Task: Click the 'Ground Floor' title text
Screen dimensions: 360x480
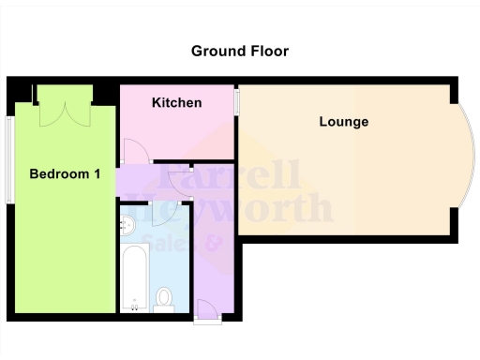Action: (x=240, y=51)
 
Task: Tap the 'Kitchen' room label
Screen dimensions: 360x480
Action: (x=176, y=102)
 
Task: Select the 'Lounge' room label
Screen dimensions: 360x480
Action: (x=343, y=122)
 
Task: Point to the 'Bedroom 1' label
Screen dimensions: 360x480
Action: (x=65, y=174)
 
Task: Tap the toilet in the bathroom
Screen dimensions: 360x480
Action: (x=165, y=299)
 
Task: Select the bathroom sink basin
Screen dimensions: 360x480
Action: (x=129, y=225)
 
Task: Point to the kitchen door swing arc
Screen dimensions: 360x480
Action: (x=133, y=150)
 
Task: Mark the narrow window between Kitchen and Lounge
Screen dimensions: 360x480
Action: (x=236, y=102)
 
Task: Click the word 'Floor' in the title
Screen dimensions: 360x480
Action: (x=267, y=51)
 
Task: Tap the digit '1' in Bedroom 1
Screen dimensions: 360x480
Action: (x=97, y=174)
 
